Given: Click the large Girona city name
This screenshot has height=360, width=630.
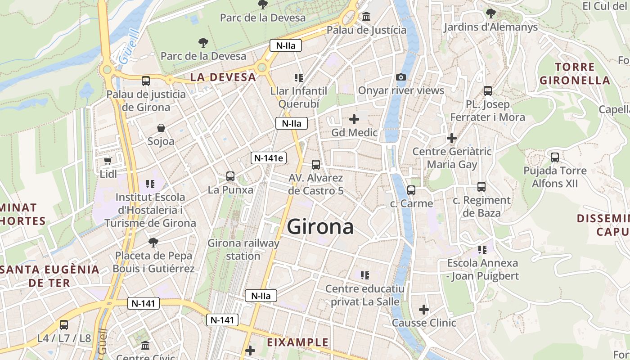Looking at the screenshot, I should click(x=320, y=227).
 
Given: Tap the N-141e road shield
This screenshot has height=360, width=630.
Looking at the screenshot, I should click(x=269, y=158).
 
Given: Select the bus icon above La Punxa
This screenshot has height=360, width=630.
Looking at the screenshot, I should click(x=230, y=176).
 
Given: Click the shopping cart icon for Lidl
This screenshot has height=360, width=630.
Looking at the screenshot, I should click(x=108, y=161).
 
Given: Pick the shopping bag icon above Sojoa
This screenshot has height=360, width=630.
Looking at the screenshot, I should click(x=161, y=128).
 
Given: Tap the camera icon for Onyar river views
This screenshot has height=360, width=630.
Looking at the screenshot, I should click(x=401, y=77).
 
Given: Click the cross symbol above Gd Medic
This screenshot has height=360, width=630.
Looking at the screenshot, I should click(x=354, y=119).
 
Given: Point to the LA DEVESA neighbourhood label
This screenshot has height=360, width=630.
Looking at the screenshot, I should click(x=223, y=77).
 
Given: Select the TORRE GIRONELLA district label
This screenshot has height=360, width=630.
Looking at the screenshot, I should click(x=575, y=74).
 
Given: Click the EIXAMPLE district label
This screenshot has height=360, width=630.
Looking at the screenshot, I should click(x=298, y=342).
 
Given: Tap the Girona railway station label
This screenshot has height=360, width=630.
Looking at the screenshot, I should click(x=243, y=250).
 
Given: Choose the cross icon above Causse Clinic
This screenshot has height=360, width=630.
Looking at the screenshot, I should click(x=423, y=310).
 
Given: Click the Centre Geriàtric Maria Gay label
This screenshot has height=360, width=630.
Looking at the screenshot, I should click(x=452, y=158).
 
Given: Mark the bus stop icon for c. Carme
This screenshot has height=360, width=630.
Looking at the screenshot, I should click(x=411, y=190).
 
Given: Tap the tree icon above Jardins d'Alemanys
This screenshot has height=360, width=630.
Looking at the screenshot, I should click(x=490, y=13).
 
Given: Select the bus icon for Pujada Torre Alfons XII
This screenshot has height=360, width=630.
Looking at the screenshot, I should click(x=555, y=157).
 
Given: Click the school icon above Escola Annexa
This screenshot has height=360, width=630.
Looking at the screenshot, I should click(x=482, y=249).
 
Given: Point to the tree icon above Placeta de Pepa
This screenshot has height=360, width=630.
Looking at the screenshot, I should click(x=153, y=242).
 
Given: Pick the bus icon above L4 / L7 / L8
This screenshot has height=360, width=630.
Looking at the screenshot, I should click(x=64, y=325).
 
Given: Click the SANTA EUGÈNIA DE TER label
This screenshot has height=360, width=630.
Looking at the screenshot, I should click(x=49, y=276).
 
